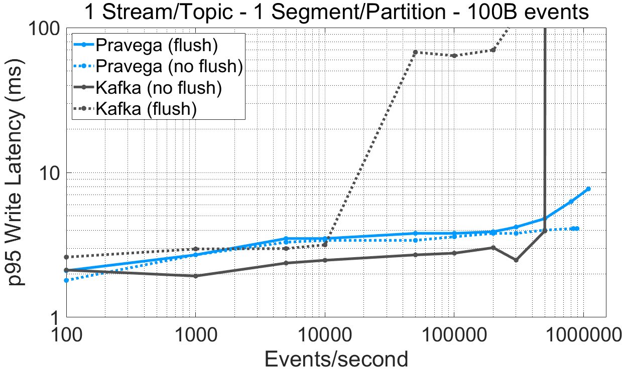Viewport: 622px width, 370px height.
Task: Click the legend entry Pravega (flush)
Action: tap(156, 45)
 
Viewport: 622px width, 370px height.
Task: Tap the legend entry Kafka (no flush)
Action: tap(158, 87)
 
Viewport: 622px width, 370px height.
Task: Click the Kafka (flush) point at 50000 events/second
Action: tap(415, 52)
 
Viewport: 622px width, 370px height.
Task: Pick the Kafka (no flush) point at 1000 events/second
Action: tap(195, 276)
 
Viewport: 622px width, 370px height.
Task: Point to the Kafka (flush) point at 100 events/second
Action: tap(66, 257)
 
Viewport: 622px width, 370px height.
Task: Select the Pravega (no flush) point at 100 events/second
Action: tap(66, 280)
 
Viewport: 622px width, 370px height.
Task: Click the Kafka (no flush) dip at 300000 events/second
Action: tap(516, 260)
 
